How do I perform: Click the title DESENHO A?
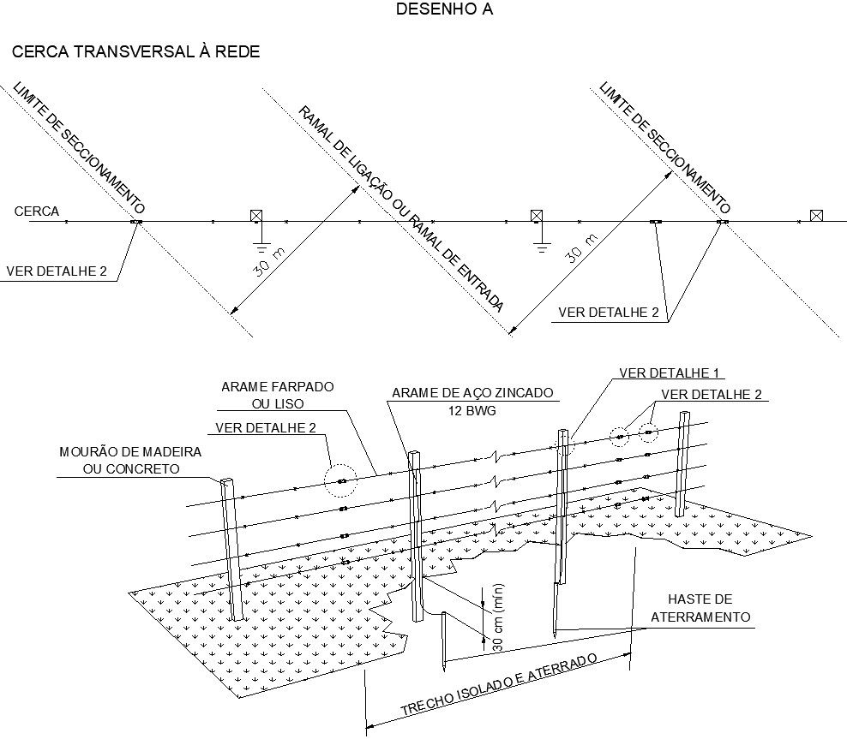point(444,9)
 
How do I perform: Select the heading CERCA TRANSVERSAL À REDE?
point(135,51)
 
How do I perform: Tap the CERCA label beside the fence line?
point(37,211)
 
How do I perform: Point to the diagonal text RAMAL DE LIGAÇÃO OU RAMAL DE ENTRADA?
point(401,209)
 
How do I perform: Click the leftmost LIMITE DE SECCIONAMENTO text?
point(79,147)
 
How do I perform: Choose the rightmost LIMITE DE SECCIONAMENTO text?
point(665,147)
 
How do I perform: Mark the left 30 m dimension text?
point(269,262)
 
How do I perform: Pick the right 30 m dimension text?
point(582,248)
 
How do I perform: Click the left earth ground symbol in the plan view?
point(262,248)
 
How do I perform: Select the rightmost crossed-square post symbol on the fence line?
point(816,216)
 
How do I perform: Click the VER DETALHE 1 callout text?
point(670,372)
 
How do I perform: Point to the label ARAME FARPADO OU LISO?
point(278,395)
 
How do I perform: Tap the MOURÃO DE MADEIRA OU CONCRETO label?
point(130,460)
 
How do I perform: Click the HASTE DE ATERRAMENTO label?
point(700,608)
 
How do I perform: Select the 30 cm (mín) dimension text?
point(499,617)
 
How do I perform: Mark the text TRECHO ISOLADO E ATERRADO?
point(499,685)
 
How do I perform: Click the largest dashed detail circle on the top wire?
point(340,480)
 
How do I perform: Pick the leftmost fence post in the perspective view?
point(231,549)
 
